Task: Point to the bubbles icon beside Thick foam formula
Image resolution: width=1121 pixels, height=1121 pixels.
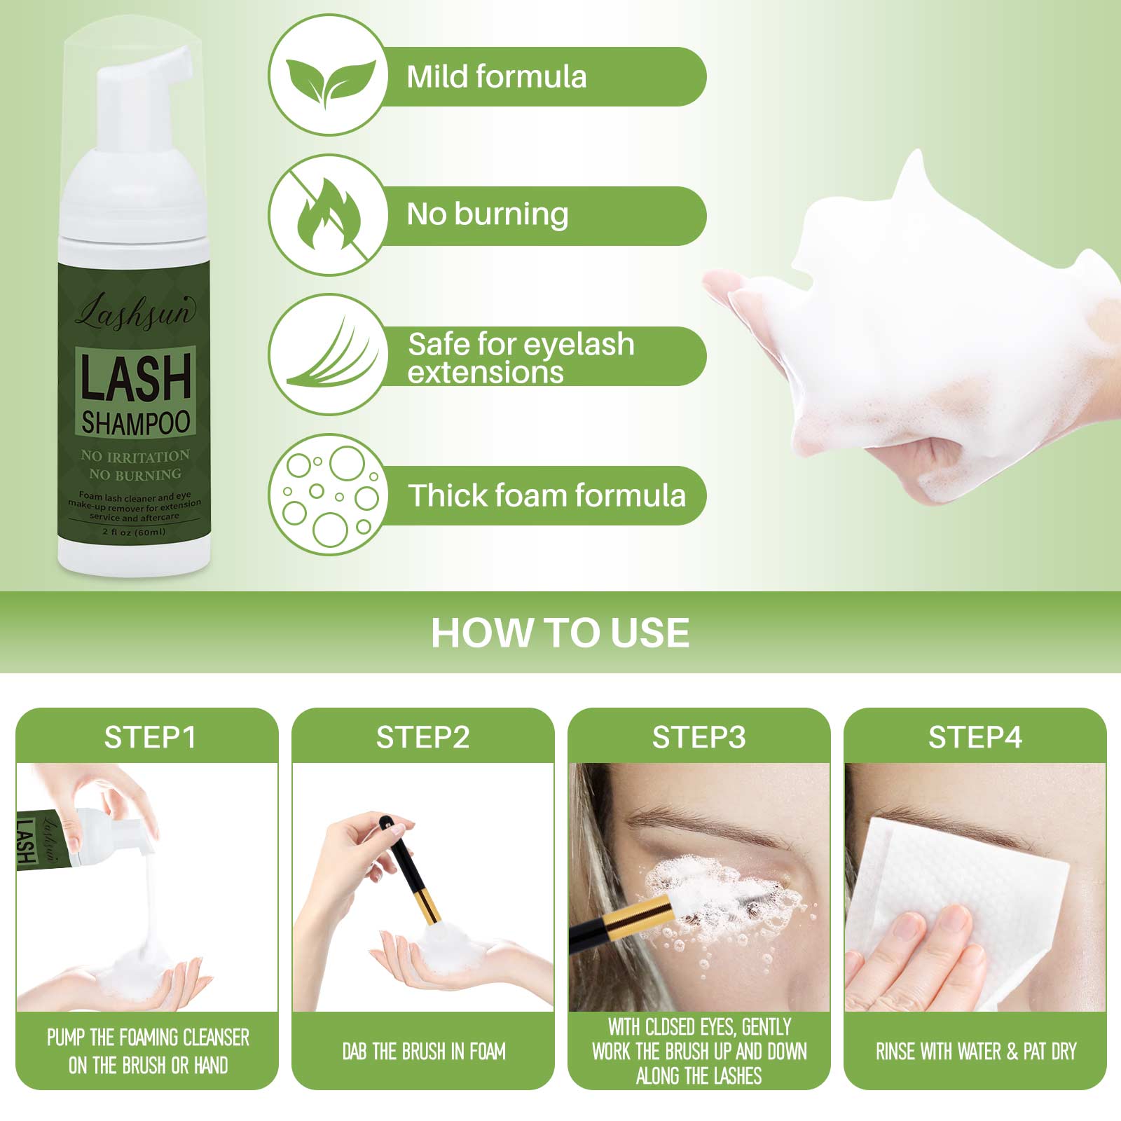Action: (x=328, y=495)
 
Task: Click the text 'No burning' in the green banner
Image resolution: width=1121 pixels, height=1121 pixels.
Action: (x=488, y=214)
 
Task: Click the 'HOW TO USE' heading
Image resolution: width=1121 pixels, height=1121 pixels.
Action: (x=560, y=632)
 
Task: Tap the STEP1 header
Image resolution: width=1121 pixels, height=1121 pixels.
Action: (x=149, y=737)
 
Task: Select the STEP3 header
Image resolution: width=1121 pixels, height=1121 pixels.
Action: (x=699, y=737)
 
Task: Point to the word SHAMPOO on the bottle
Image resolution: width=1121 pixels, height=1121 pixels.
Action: (x=135, y=422)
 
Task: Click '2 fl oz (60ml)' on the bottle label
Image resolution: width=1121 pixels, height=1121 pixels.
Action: (x=135, y=532)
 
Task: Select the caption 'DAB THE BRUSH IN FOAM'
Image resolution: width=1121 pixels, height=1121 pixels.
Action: (x=423, y=1051)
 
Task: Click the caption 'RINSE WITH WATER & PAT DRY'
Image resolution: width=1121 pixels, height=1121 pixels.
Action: (x=975, y=1051)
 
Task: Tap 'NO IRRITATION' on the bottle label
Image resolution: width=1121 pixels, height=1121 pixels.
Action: (x=135, y=456)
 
